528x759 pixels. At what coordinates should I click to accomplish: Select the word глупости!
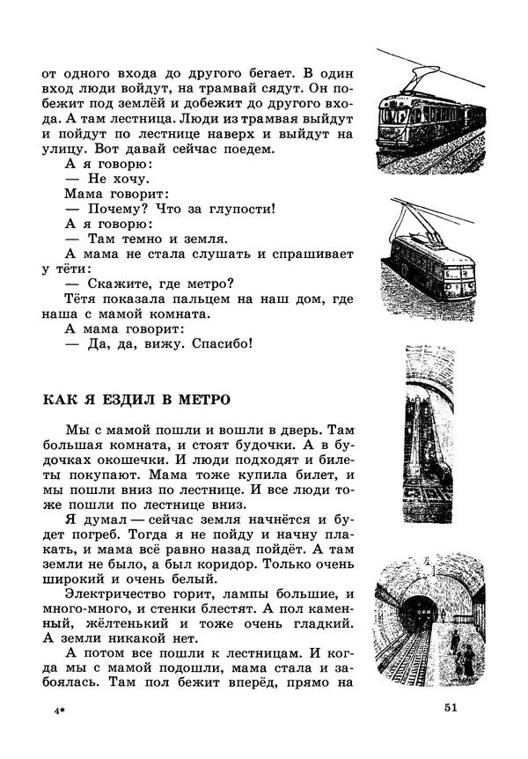tap(238, 209)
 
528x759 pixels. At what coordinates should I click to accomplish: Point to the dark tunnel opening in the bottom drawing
tap(424, 613)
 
